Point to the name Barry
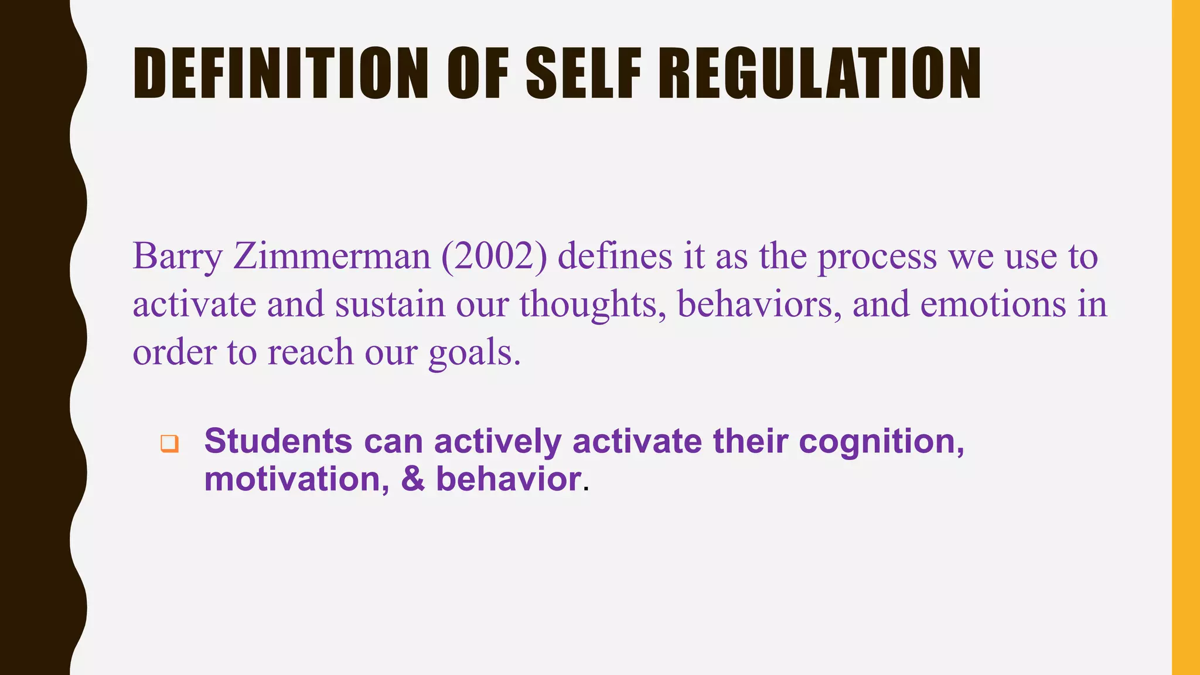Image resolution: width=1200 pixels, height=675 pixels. pyautogui.click(x=178, y=257)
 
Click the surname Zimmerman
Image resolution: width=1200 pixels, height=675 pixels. pyautogui.click(x=332, y=257)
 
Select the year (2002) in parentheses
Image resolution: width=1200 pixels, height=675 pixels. pyautogui.click(x=494, y=257)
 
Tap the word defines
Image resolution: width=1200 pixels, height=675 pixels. pyautogui.click(x=615, y=257)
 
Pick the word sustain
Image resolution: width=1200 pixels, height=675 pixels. pyautogui.click(x=390, y=305)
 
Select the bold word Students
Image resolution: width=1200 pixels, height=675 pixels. pyautogui.click(x=278, y=441)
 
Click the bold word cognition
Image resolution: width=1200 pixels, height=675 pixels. pyautogui.click(x=881, y=442)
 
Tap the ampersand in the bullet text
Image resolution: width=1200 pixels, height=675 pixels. pyautogui.click(x=413, y=479)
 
